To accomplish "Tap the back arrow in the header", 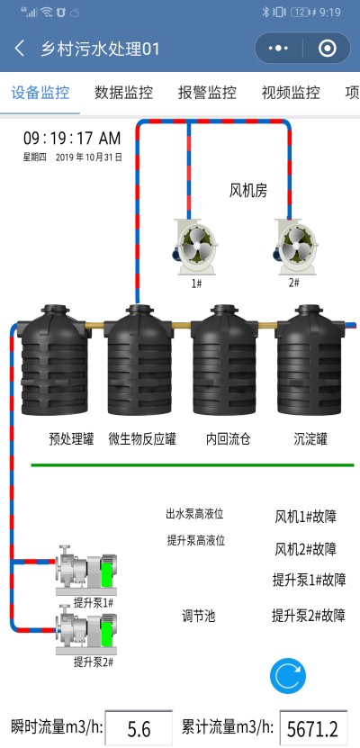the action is [19, 49].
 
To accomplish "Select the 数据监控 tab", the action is [123, 92].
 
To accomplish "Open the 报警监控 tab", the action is [207, 92].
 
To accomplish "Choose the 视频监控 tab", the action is [291, 92].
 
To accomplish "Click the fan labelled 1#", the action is [194, 247].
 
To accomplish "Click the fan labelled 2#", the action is [295, 247].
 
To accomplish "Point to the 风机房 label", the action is [248, 191].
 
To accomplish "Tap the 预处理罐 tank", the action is [55, 360].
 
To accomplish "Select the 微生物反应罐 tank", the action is [139, 360].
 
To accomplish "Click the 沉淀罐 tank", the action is [310, 360].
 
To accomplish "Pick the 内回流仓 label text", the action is [228, 439].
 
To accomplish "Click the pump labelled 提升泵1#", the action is [85, 571].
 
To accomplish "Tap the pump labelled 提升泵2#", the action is [85, 630].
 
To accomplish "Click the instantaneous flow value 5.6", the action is [139, 729].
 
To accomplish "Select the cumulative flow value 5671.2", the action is [313, 729].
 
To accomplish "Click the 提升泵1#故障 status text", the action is [309, 580].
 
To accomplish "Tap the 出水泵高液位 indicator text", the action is [194, 514].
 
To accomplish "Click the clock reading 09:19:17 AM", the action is [72, 139].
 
